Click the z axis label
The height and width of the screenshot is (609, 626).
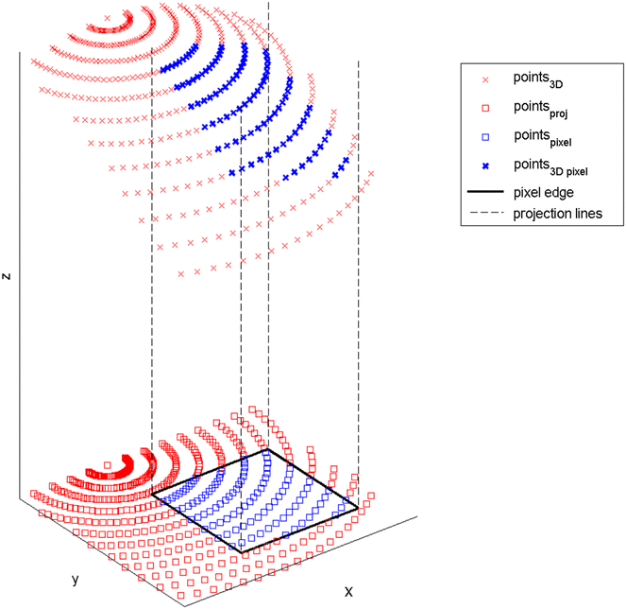point(8,276)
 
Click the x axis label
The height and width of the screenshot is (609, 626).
point(348,591)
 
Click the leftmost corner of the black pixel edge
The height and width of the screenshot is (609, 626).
point(152,495)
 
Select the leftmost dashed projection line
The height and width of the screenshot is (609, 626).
point(152,284)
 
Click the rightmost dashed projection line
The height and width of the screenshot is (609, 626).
point(359,284)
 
